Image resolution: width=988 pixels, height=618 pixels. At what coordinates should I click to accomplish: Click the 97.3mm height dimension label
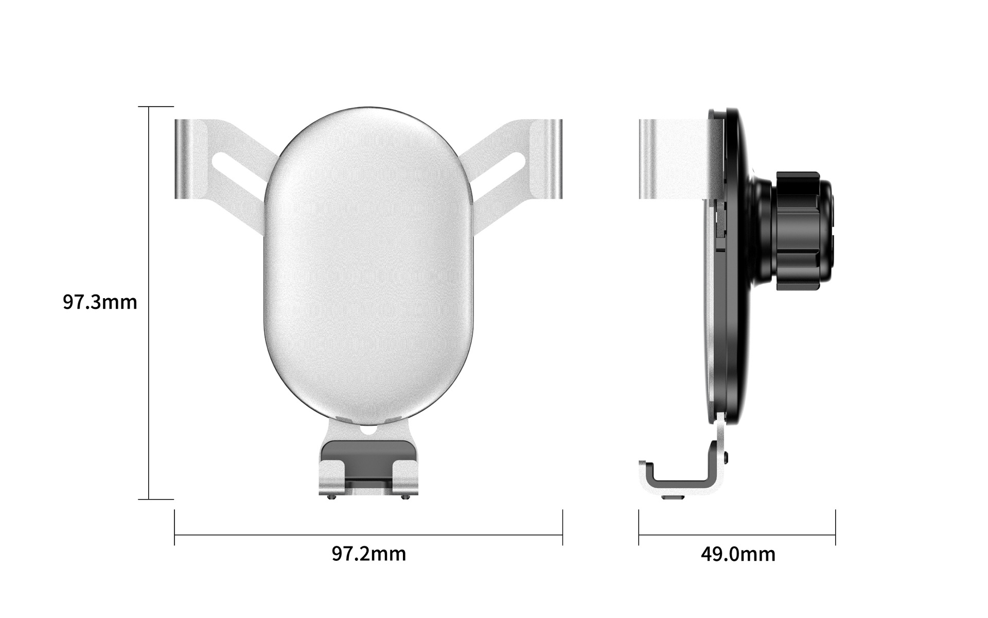click(100, 302)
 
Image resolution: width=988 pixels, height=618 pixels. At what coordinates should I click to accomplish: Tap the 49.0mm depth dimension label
click(738, 554)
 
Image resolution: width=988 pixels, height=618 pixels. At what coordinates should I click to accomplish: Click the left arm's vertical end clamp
click(185, 159)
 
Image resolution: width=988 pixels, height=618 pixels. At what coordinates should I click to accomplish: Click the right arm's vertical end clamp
click(552, 159)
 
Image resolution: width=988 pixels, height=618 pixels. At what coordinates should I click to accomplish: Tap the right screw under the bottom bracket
click(405, 496)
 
